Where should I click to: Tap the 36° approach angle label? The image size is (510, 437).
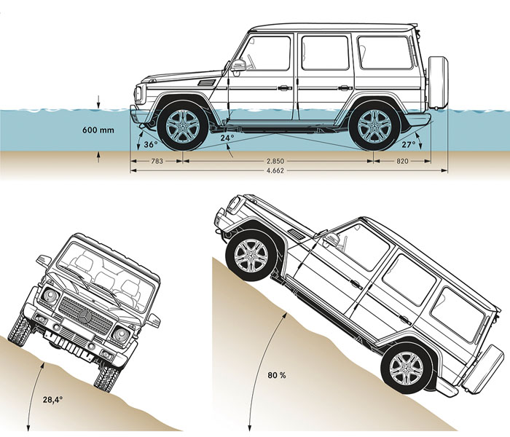[x=151, y=144]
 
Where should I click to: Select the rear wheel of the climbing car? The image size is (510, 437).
[x=405, y=368]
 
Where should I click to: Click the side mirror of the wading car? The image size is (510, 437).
[x=238, y=66]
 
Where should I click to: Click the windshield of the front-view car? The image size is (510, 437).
[x=104, y=269]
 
